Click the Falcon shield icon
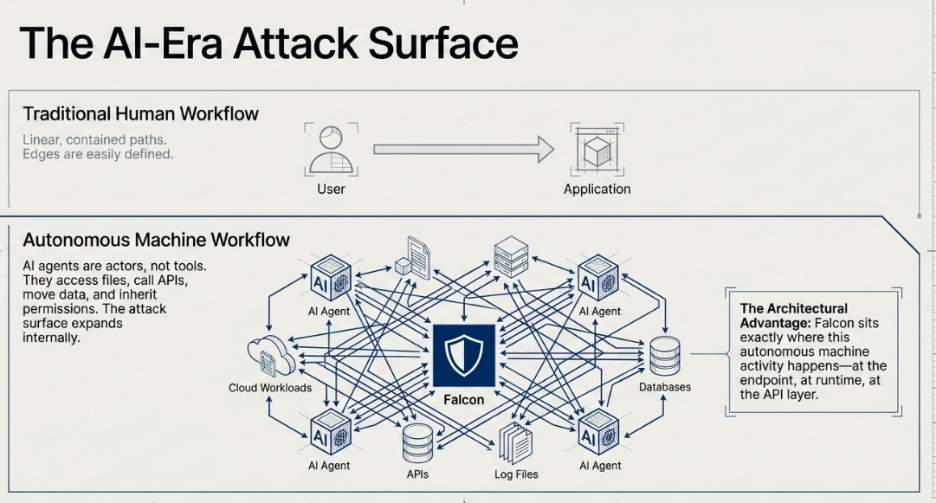(x=464, y=356)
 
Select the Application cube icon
(x=597, y=149)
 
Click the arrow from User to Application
(x=464, y=149)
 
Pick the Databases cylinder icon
(x=665, y=356)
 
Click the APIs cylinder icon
(x=418, y=442)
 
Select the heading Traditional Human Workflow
(x=141, y=113)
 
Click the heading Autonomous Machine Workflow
(x=157, y=239)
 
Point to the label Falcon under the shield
(x=464, y=400)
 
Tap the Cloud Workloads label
(x=270, y=388)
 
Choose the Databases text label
(x=665, y=387)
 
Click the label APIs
(x=417, y=474)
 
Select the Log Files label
(x=516, y=474)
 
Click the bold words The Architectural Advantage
(x=793, y=316)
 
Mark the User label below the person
(x=332, y=189)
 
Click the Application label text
(x=597, y=189)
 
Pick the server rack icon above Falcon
(x=512, y=256)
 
